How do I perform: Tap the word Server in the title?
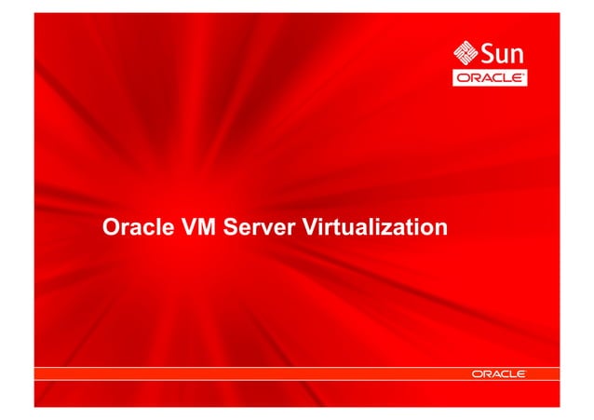coord(258,226)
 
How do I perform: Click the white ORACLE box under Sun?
coord(490,78)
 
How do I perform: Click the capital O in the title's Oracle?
coord(110,226)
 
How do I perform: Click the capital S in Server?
coord(231,226)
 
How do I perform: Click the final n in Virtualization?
coord(440,227)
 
